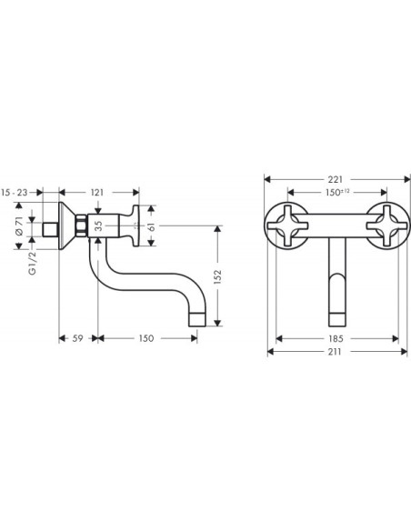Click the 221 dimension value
click(x=336, y=179)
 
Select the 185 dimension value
click(x=336, y=338)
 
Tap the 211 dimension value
click(x=335, y=352)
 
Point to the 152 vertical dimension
click(x=217, y=276)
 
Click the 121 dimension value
click(x=97, y=193)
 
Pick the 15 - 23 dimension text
click(x=15, y=193)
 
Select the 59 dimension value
click(x=78, y=338)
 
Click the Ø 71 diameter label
click(x=19, y=226)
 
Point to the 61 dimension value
click(x=152, y=226)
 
